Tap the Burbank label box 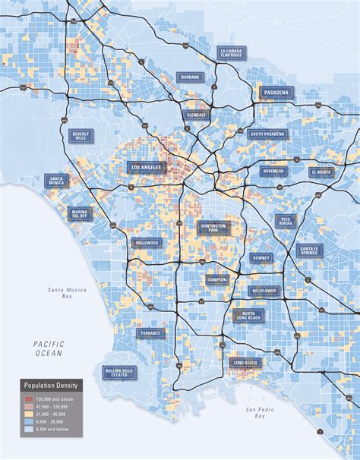pyautogui.click(x=190, y=77)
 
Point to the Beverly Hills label pyautogui.click(x=81, y=135)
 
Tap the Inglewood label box pyautogui.click(x=146, y=243)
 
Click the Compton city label pyautogui.click(x=216, y=279)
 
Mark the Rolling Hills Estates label pyautogui.click(x=119, y=372)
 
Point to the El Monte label pyautogui.click(x=321, y=172)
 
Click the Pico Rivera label pyautogui.click(x=286, y=221)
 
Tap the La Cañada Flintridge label pyautogui.click(x=230, y=52)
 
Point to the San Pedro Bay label pyautogui.click(x=258, y=414)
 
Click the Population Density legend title pyautogui.click(x=52, y=386)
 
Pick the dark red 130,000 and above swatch pyautogui.click(x=28, y=398)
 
